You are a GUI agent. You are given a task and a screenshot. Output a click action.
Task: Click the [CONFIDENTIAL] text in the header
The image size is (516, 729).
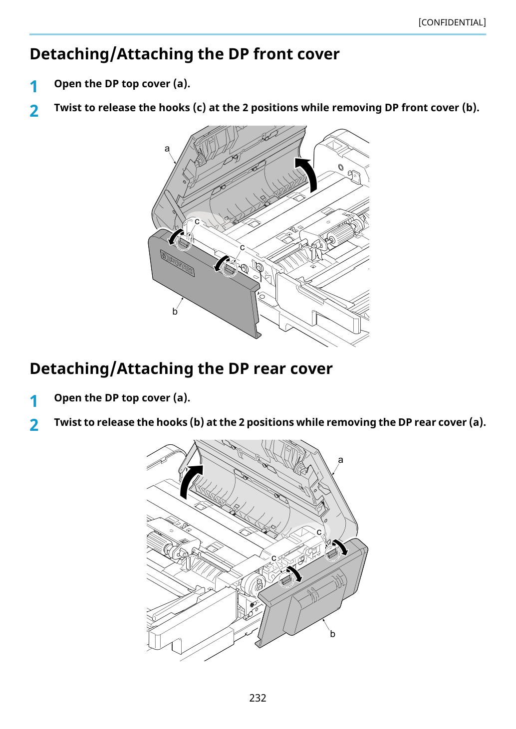(x=452, y=22)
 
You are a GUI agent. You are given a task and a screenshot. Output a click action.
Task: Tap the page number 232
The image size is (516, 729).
(x=258, y=698)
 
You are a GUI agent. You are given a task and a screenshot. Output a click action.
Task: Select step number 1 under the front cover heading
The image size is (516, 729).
(x=33, y=87)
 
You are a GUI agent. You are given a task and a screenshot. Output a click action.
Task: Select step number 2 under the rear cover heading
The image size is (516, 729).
(x=34, y=425)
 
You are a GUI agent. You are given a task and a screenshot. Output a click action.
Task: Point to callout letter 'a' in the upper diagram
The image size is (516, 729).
(x=167, y=149)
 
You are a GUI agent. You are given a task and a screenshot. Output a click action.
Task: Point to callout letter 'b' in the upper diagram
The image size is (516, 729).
(x=175, y=312)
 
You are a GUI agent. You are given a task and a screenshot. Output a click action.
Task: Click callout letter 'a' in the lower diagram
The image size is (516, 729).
(x=340, y=460)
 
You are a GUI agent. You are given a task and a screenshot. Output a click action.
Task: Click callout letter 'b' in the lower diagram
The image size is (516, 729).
(x=332, y=634)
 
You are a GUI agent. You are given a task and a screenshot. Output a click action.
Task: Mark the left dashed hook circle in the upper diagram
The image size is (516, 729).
(x=184, y=242)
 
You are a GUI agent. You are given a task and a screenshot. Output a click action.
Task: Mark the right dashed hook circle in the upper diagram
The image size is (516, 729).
(x=230, y=268)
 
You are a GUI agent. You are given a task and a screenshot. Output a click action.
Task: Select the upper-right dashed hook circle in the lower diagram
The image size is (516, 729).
(x=332, y=553)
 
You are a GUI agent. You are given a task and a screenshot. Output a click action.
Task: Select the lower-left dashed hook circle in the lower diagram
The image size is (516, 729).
(x=286, y=579)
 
